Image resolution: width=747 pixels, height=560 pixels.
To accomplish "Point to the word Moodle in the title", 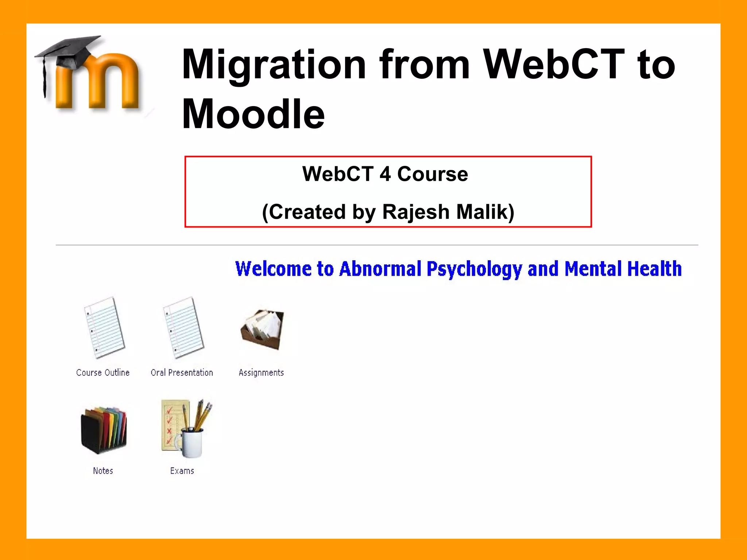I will pyautogui.click(x=253, y=114).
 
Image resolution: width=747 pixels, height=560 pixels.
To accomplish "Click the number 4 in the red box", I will pyautogui.click(x=385, y=174).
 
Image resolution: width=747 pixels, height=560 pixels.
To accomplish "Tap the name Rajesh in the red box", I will pyautogui.click(x=416, y=212).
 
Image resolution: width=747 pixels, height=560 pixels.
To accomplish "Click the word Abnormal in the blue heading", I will pyautogui.click(x=380, y=269).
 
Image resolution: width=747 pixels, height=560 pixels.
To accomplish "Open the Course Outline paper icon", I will pyautogui.click(x=104, y=327).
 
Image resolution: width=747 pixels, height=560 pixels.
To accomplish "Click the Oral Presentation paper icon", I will pyautogui.click(x=183, y=327).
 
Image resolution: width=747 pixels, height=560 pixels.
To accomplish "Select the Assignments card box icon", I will pyautogui.click(x=262, y=329).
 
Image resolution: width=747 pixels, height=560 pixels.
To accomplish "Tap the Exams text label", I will pyautogui.click(x=182, y=471).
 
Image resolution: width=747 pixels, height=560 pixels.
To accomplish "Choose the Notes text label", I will pyautogui.click(x=103, y=471).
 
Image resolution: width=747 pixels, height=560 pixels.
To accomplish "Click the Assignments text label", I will pyautogui.click(x=261, y=373).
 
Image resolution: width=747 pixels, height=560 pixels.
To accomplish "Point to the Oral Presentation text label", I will pyautogui.click(x=182, y=373).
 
